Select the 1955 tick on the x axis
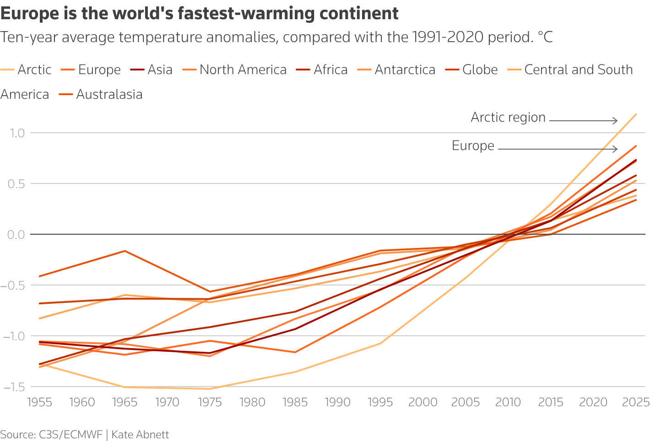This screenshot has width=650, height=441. tap(40, 403)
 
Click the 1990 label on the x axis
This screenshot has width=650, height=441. tap(338, 403)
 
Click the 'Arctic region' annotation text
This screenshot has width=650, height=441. tap(508, 118)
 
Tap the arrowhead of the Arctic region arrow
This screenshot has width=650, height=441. tap(616, 121)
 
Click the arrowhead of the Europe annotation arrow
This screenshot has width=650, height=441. tap(616, 149)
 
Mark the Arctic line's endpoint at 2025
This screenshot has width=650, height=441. tap(636, 114)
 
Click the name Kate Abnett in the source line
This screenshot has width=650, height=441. tap(140, 435)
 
